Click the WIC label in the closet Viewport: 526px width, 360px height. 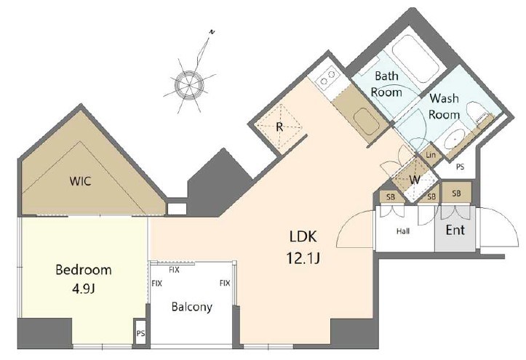pos(80,181)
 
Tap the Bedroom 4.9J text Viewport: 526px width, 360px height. pos(84,279)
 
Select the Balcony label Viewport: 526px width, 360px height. pos(191,307)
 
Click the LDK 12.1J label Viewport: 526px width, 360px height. pos(303,248)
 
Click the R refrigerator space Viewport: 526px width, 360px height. pos(279,127)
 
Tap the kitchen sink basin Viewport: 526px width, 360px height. pos(367,121)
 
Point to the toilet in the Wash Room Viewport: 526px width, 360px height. pos(477,112)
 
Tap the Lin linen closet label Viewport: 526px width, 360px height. pos(431,155)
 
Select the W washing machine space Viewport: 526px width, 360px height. pos(415,180)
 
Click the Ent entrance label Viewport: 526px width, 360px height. pos(455,230)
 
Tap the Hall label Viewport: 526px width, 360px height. pos(403,231)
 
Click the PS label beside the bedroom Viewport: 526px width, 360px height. pos(141,334)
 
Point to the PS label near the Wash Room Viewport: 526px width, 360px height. pos(461,167)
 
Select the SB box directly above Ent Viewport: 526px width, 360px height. pos(456,193)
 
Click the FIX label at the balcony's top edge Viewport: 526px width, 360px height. pos(174,270)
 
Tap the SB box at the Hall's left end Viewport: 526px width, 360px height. pos(391,197)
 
